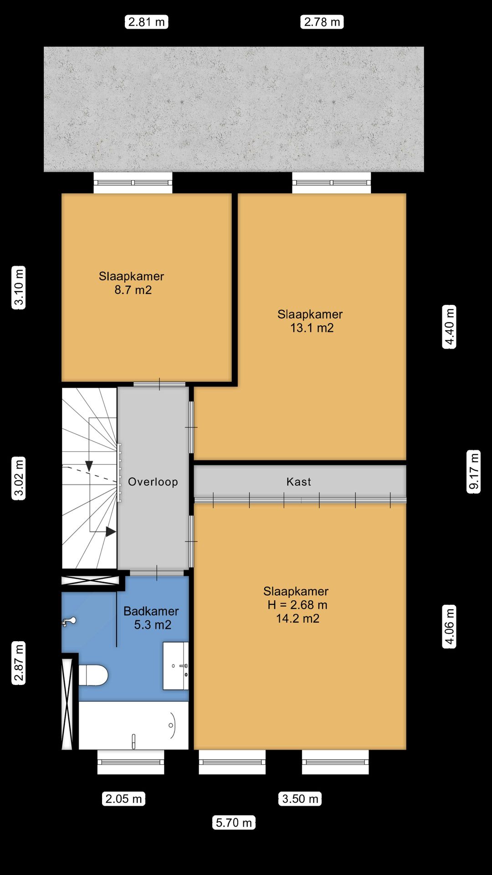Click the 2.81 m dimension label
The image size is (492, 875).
(146, 22)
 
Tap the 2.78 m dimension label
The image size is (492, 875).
(322, 22)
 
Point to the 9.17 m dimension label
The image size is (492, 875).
(474, 471)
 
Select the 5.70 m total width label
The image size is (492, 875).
(234, 822)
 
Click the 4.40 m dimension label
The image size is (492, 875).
(449, 327)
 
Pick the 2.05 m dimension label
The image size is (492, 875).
(123, 798)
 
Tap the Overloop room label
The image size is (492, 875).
(153, 482)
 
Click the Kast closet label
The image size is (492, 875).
(299, 482)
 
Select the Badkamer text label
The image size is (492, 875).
(151, 611)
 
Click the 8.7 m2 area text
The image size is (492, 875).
(133, 290)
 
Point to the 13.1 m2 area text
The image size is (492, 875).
(312, 328)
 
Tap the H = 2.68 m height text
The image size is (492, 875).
(297, 605)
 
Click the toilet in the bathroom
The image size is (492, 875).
(93, 675)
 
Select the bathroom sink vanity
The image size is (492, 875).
(176, 666)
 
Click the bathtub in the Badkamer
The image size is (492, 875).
(133, 725)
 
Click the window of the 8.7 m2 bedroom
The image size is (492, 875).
(133, 183)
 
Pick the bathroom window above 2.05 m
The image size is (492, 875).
(131, 762)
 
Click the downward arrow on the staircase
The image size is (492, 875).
(89, 466)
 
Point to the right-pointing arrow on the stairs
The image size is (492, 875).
(111, 531)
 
